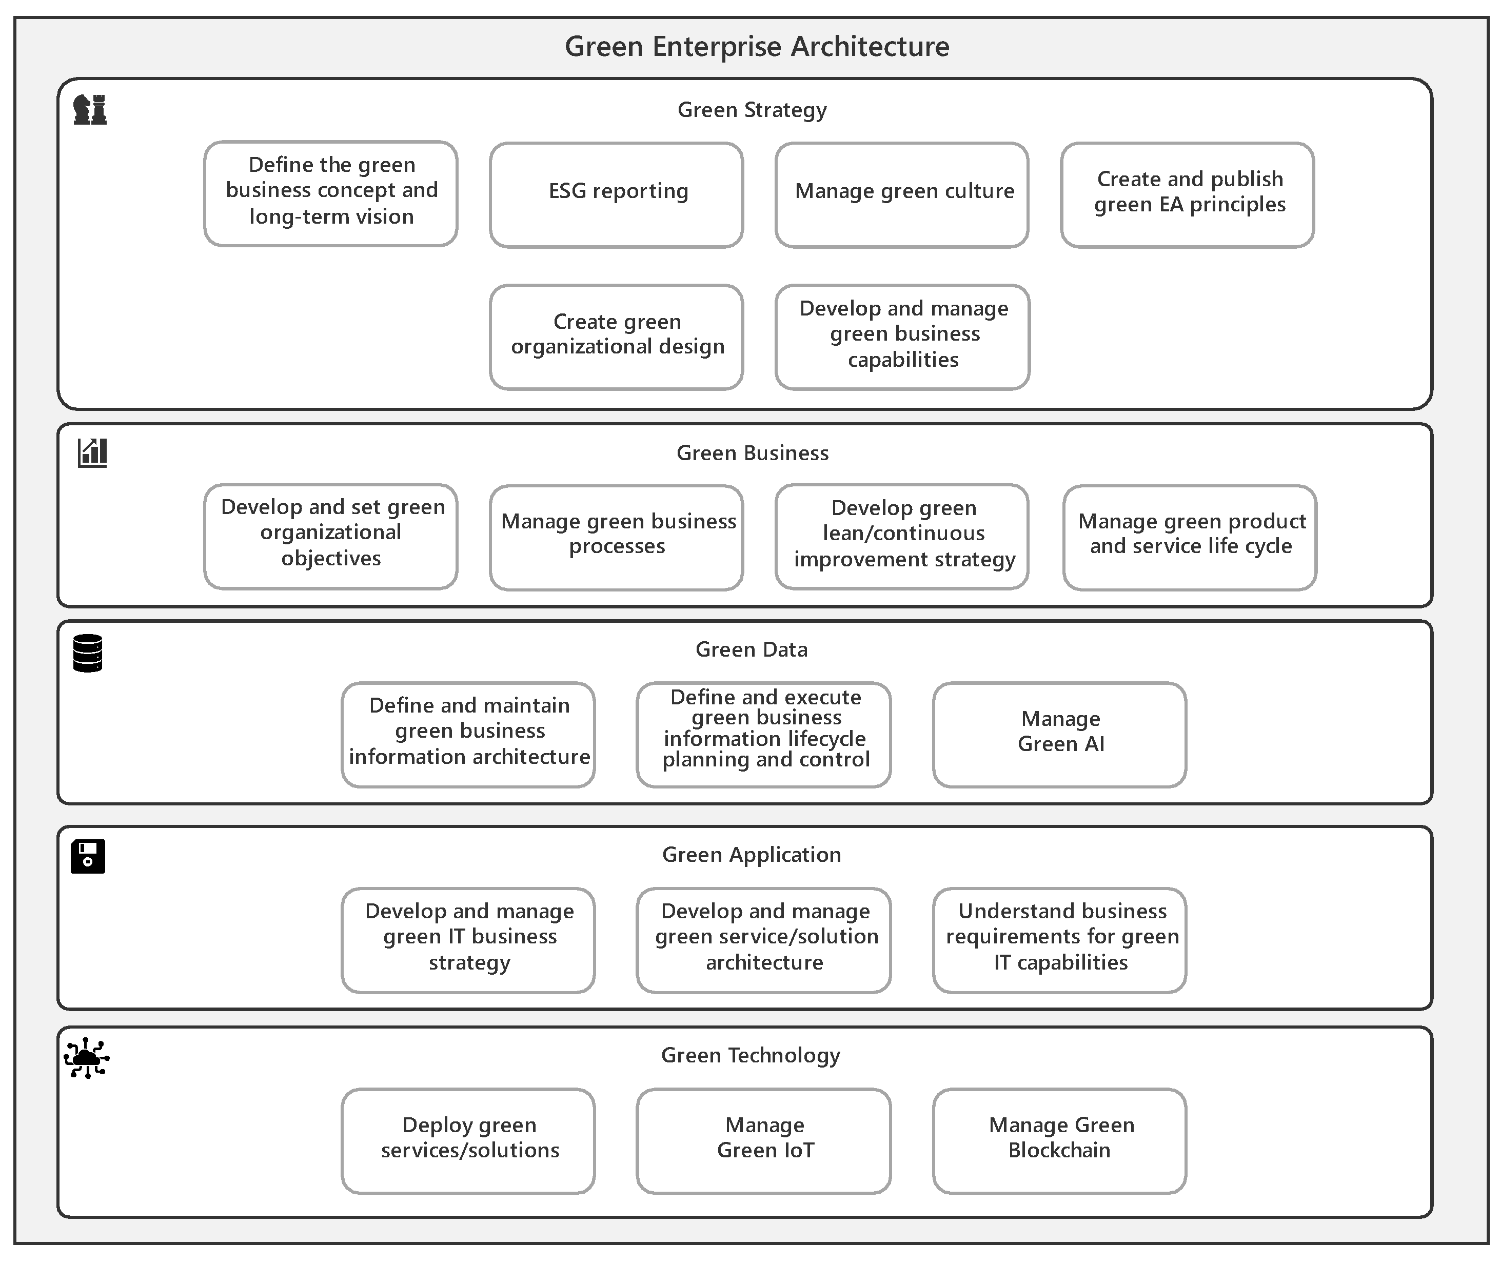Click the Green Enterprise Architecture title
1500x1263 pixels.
pyautogui.click(x=756, y=47)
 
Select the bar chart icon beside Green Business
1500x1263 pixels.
pyautogui.click(x=92, y=453)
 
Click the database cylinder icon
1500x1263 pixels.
pyautogui.click(x=87, y=653)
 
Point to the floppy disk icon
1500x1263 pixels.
pyautogui.click(x=87, y=856)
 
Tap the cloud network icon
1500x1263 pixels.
pyautogui.click(x=87, y=1057)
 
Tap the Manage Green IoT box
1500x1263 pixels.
pyautogui.click(x=763, y=1140)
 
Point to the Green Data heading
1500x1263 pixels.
pyautogui.click(x=751, y=649)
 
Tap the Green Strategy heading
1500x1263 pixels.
pyautogui.click(x=751, y=110)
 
